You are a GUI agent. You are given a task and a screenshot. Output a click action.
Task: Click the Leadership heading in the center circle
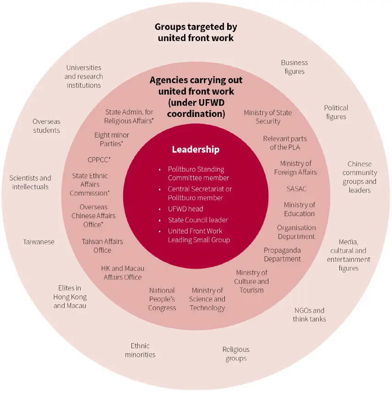tap(196, 149)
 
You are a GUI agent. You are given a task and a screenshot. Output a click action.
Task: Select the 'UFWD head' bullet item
tap(185, 209)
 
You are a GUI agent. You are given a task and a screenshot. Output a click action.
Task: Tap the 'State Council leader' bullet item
tap(198, 220)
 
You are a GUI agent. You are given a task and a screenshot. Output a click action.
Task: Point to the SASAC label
tap(297, 189)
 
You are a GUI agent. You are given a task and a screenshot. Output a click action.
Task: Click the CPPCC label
tap(99, 159)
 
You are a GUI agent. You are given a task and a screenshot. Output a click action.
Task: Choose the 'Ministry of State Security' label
tap(268, 117)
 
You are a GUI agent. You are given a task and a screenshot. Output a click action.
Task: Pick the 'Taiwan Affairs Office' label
tap(102, 246)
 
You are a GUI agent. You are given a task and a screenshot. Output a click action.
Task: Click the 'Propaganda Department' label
tap(282, 255)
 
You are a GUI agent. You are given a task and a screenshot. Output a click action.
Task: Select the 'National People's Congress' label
tap(162, 299)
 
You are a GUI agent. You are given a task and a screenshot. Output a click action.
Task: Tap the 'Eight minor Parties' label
tap(112, 139)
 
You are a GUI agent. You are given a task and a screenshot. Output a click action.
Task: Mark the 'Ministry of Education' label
tap(299, 209)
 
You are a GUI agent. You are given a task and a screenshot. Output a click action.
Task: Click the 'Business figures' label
tap(294, 67)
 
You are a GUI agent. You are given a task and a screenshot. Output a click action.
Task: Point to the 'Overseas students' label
tap(46, 126)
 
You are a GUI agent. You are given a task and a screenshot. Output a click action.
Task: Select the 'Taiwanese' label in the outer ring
tap(38, 242)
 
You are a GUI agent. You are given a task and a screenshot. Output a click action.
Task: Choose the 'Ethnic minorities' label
tap(140, 350)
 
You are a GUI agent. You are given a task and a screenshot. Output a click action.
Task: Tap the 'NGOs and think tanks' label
tap(310, 314)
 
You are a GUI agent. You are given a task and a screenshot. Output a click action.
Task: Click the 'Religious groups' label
tap(236, 354)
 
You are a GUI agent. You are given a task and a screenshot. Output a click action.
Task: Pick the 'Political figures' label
tap(336, 112)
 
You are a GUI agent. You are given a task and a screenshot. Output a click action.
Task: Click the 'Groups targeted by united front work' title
tap(196, 32)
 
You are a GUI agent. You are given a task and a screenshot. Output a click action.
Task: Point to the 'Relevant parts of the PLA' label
tap(285, 143)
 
